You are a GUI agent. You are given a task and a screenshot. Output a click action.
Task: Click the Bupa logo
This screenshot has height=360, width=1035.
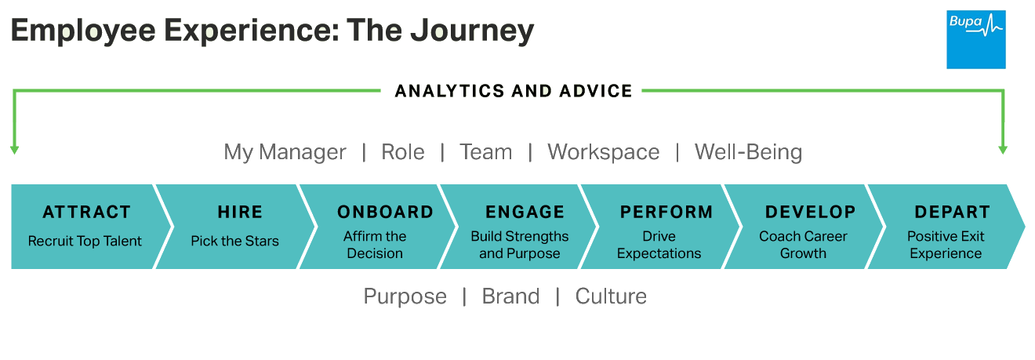(x=975, y=39)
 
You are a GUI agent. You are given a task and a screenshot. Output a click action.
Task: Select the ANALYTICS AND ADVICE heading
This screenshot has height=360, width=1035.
(x=514, y=91)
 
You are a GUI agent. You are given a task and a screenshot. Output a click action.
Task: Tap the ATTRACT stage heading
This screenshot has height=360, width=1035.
(x=86, y=212)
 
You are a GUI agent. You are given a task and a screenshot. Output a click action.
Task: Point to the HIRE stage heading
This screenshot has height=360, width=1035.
(x=240, y=212)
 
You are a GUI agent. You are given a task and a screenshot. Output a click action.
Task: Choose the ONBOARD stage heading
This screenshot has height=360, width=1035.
(x=385, y=212)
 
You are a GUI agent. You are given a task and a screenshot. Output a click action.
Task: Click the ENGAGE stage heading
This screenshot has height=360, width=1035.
(x=525, y=212)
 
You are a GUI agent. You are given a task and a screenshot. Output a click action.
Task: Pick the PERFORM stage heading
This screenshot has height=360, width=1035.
(x=666, y=212)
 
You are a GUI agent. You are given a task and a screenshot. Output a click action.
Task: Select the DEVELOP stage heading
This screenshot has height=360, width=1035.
(x=810, y=212)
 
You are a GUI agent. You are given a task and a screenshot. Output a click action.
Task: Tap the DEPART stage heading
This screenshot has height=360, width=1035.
(x=952, y=212)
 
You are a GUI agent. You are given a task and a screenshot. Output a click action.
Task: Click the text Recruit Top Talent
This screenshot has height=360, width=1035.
(x=85, y=241)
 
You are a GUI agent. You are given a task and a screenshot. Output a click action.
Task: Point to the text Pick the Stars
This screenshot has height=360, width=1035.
(x=234, y=241)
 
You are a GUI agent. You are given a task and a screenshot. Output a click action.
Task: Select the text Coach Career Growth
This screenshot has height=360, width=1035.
(x=804, y=245)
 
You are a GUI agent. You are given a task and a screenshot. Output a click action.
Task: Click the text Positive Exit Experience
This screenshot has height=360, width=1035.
(x=946, y=245)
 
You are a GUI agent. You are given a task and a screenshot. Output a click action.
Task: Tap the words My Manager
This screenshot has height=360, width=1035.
(x=285, y=152)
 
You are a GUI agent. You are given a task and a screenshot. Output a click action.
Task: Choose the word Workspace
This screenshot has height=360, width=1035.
(x=603, y=152)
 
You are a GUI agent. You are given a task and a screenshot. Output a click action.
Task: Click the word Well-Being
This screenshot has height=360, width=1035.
(x=748, y=152)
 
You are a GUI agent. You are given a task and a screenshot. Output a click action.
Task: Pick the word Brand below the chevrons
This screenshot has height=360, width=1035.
(x=510, y=296)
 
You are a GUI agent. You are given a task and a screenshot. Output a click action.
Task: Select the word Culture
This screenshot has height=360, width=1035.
(x=611, y=296)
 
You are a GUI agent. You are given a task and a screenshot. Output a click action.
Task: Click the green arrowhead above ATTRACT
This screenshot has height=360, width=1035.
(x=14, y=149)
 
